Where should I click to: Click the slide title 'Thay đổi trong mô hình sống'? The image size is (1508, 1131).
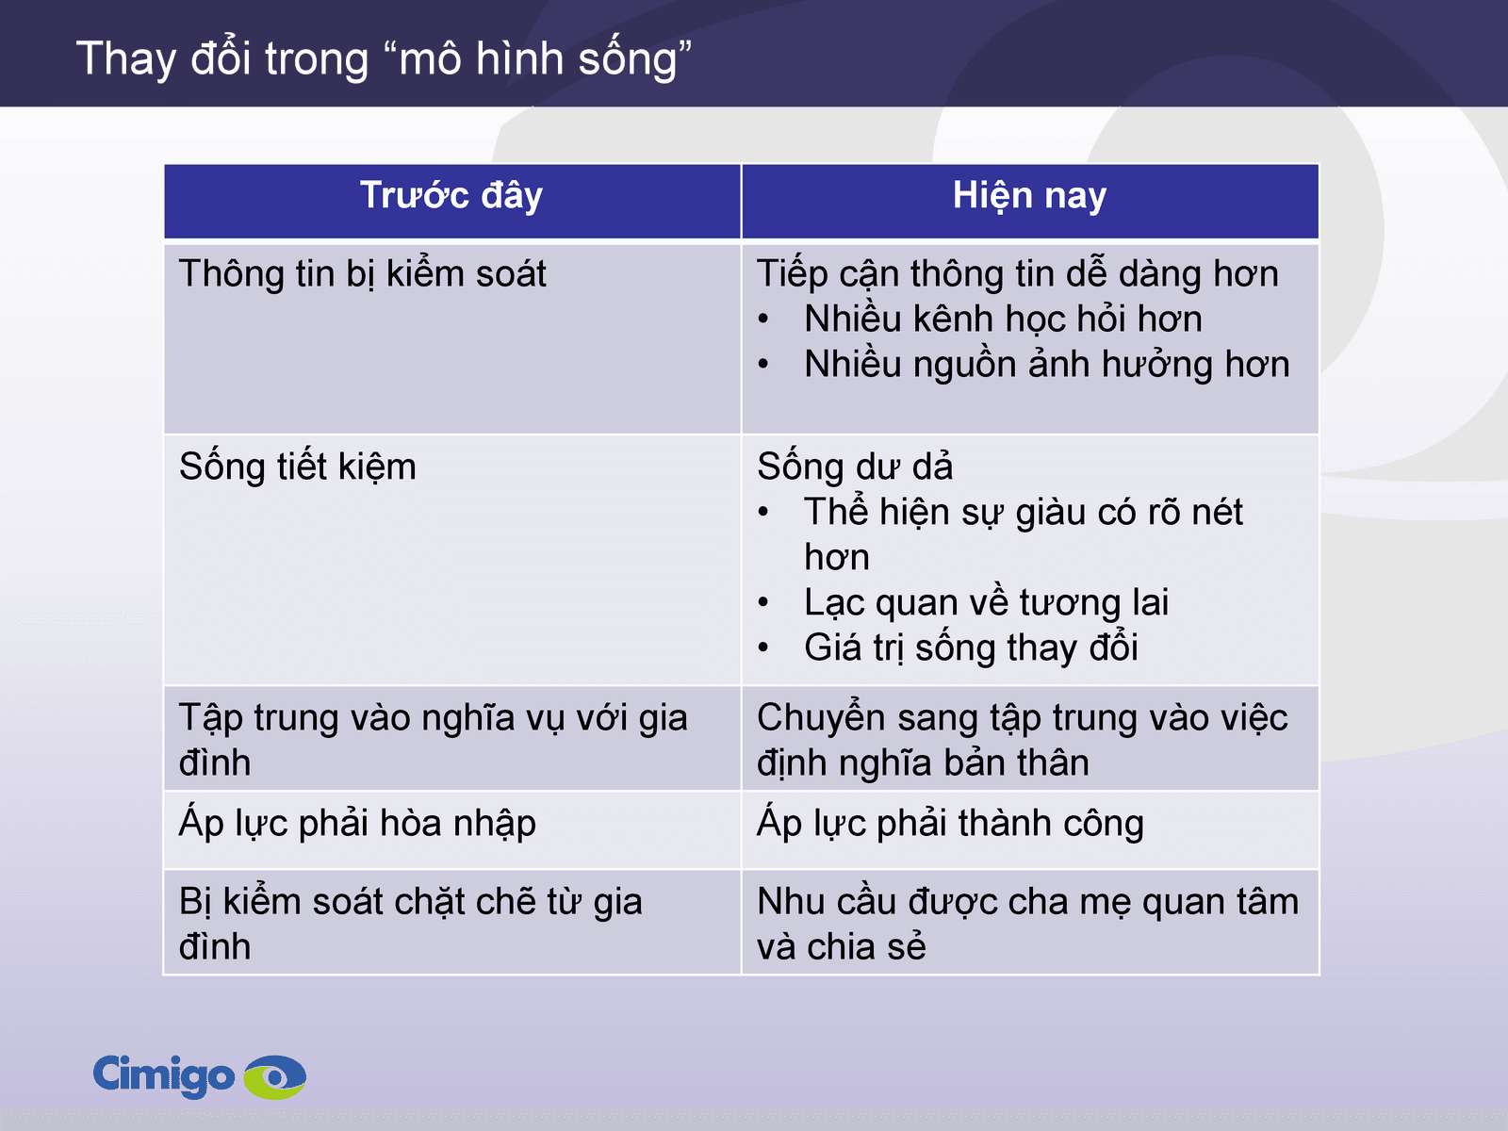click(x=384, y=58)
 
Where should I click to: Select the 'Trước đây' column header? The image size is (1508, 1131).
click(x=451, y=196)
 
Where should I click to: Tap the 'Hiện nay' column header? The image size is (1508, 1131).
click(x=1029, y=196)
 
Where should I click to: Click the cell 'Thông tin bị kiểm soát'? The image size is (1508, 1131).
click(x=363, y=274)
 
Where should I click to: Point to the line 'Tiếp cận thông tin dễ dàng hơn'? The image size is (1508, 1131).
click(x=1017, y=274)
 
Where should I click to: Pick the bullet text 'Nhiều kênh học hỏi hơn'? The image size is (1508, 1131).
click(x=1003, y=320)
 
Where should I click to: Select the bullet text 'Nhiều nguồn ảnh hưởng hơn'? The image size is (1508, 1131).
click(x=1046, y=365)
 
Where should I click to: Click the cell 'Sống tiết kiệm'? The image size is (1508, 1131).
click(x=298, y=467)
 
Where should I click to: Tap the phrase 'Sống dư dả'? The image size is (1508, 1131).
click(x=855, y=467)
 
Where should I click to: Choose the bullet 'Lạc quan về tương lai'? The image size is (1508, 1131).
click(x=986, y=603)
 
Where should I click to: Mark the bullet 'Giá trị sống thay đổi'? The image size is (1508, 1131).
click(x=971, y=648)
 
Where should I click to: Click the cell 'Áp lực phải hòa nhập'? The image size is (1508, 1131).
click(x=357, y=824)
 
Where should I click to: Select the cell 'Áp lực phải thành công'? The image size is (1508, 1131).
click(x=950, y=824)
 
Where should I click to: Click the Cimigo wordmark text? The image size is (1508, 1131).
click(x=163, y=1075)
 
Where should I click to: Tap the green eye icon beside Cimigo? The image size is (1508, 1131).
click(x=275, y=1076)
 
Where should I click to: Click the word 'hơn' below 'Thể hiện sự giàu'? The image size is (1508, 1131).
click(x=837, y=558)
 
